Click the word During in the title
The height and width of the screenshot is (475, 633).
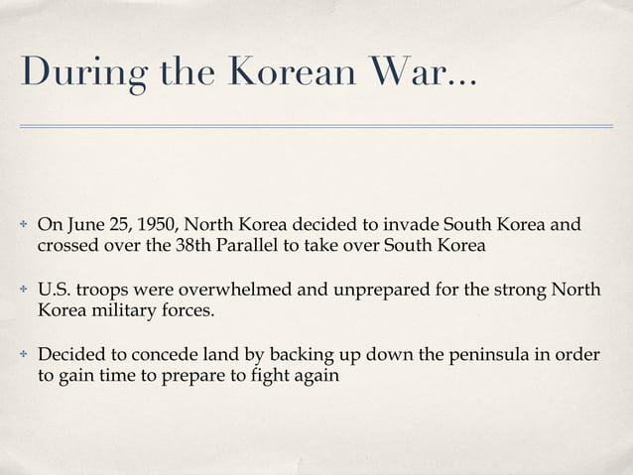pos(73,73)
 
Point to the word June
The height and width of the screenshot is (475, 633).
pos(82,222)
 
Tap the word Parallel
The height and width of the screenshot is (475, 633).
pos(249,244)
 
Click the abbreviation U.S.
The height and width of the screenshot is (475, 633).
pos(55,292)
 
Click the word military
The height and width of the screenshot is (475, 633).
pos(120,313)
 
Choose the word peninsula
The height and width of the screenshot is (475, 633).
pos(456,354)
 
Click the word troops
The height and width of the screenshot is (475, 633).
pos(110,292)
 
